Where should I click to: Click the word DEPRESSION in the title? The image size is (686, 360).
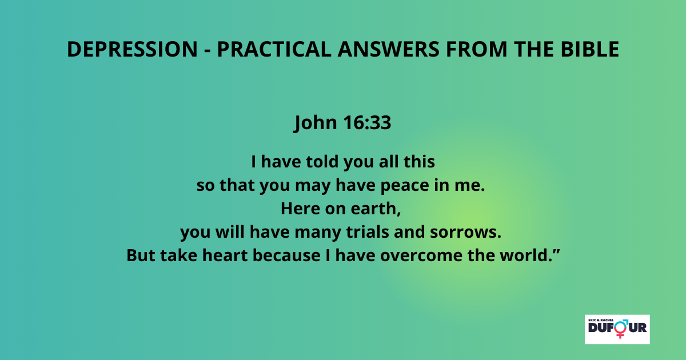point(132,49)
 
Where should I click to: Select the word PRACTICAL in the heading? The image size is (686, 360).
point(274,49)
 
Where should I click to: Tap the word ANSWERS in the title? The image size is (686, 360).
point(389,49)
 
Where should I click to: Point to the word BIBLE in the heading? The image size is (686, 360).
point(590,49)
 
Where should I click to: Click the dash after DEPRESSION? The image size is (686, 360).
point(208,50)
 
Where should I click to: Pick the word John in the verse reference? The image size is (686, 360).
point(316,123)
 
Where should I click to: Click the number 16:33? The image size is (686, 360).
point(367,122)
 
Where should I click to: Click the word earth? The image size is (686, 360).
point(376,209)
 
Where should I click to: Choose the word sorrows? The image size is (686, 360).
point(465,233)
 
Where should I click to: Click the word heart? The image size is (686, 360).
point(225,255)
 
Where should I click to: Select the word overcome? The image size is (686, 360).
point(421,256)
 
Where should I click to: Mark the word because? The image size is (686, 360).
point(286,255)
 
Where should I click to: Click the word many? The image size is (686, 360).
point(318,233)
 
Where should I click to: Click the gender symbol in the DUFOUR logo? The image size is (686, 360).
point(621,329)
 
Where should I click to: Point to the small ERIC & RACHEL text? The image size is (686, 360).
point(601,320)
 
